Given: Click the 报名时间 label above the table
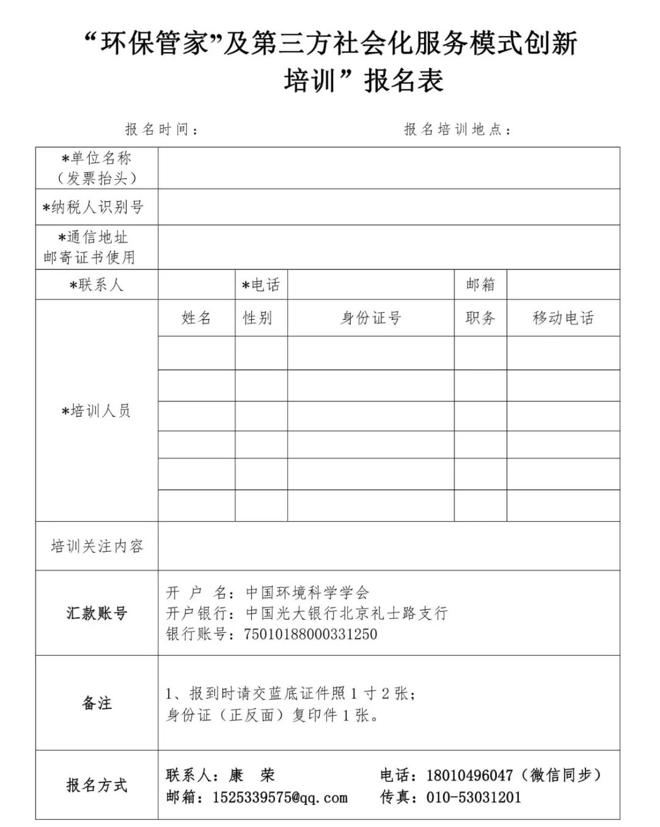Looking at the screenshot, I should [161, 130].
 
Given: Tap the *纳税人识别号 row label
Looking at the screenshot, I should [94, 207].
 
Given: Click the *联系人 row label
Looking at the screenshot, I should [97, 285].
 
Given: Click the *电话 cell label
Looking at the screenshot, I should [261, 285].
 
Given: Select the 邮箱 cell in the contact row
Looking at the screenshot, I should [480, 285].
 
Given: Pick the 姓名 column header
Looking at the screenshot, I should [196, 318].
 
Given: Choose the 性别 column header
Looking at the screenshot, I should [257, 318].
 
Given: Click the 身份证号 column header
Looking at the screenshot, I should [370, 318].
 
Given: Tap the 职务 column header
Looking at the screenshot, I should [480, 318].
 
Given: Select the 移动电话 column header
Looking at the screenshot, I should [563, 318].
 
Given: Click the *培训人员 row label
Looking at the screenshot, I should [97, 411].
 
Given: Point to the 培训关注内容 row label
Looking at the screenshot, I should [97, 546].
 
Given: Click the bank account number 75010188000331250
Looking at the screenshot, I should [310, 634].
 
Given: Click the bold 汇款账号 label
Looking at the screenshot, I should [97, 613].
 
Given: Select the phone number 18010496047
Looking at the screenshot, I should [469, 776].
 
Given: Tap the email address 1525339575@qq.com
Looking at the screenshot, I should [280, 798].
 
